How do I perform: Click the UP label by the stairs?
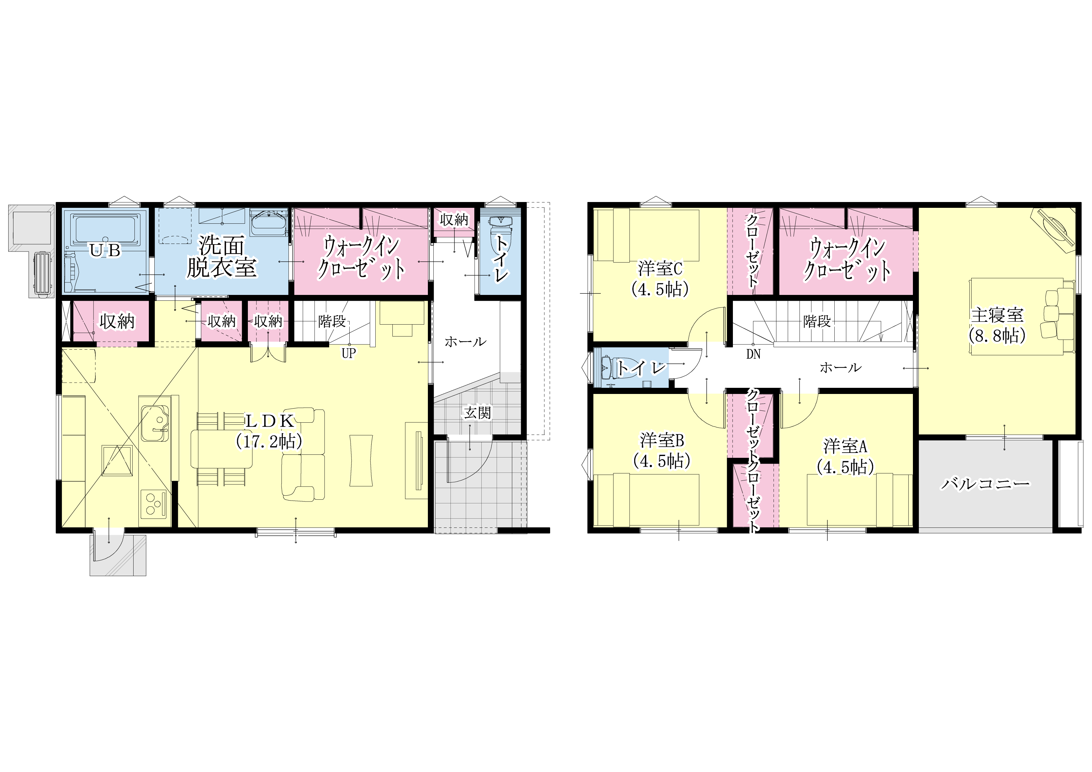349,353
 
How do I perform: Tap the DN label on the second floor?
753,355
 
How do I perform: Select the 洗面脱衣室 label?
222,257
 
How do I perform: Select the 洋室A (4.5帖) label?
845,457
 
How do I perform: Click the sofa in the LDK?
303,454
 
